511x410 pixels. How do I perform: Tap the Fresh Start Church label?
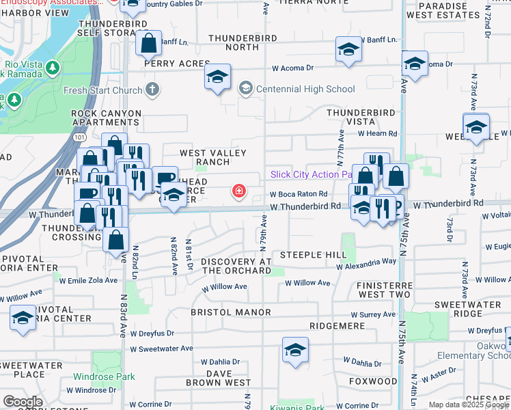point(102,90)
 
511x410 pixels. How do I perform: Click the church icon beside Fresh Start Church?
point(152,90)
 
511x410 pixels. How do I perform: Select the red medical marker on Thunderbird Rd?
point(239,191)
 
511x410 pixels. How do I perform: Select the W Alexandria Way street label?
point(366,262)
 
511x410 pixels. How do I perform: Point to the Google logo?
point(23,402)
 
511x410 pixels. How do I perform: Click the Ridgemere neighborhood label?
point(337,326)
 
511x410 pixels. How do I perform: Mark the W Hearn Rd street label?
point(376,134)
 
